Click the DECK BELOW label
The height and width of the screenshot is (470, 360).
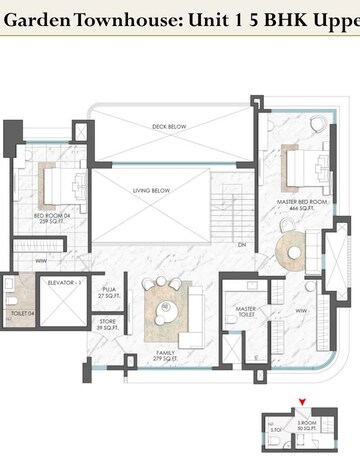pos(171,127)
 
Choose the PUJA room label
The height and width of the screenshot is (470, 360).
pos(109,293)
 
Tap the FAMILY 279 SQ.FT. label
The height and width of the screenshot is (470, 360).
pos(167,356)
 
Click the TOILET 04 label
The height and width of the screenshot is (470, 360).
pos(23,313)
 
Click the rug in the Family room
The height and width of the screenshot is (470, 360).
pos(165,311)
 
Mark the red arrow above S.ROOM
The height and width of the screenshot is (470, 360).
pos(299,403)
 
